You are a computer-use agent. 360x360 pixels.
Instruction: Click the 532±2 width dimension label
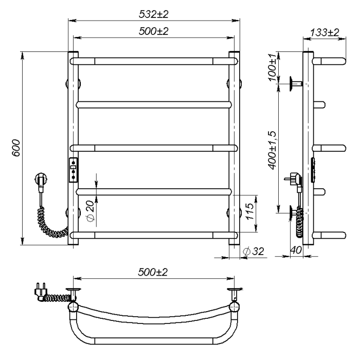coord(154,14)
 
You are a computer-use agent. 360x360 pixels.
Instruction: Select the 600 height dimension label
coord(16,148)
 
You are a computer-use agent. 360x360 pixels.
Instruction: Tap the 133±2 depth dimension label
coord(325,32)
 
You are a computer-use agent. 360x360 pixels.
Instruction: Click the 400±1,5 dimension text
coord(273,150)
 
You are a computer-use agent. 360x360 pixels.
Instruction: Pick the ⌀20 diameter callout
coord(91,211)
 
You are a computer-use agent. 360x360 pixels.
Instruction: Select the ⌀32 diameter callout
coord(254,251)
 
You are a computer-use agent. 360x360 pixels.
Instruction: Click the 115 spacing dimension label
coord(250,211)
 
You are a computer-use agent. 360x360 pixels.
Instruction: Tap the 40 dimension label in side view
coord(296,250)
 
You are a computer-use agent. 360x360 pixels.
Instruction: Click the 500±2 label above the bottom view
coord(153,272)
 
